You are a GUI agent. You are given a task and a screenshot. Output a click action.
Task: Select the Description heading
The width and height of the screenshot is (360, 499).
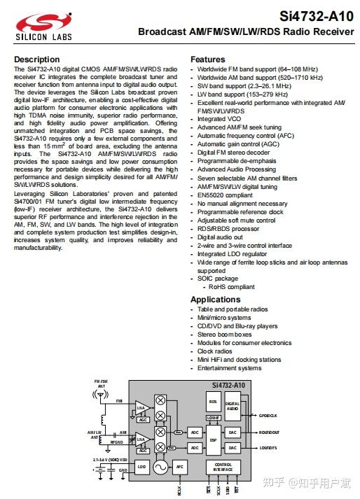(37, 59)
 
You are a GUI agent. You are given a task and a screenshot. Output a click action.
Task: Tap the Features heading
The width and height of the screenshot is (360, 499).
(208, 59)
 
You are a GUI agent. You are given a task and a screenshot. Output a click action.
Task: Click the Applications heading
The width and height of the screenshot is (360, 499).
(216, 300)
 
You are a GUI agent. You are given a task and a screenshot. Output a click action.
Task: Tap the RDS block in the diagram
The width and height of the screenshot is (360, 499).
(213, 402)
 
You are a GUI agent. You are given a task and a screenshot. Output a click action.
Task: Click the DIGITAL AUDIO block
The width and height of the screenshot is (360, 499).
(233, 407)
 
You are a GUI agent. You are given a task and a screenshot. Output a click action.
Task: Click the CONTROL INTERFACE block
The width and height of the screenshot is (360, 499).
(223, 467)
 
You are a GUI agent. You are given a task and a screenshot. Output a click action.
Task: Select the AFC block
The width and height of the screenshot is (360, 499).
(179, 466)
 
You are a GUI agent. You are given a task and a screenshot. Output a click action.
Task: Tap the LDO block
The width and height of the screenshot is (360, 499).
(142, 466)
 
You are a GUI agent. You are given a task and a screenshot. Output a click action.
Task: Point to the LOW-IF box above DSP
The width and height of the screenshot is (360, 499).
(213, 418)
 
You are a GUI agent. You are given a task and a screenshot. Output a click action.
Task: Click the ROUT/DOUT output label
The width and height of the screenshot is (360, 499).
(268, 433)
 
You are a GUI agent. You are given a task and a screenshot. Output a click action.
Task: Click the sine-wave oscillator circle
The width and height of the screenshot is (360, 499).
(160, 467)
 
